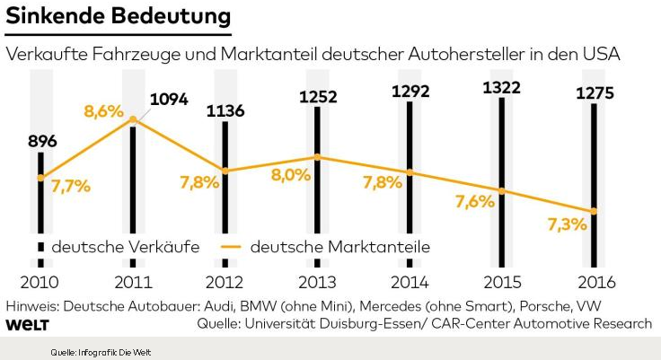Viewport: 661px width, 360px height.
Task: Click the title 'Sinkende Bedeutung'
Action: pyautogui.click(x=117, y=17)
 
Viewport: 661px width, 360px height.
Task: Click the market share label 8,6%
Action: pyautogui.click(x=103, y=112)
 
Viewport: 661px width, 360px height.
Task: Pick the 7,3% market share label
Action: pyautogui.click(x=568, y=224)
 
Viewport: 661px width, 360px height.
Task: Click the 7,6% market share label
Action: pyautogui.click(x=475, y=201)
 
